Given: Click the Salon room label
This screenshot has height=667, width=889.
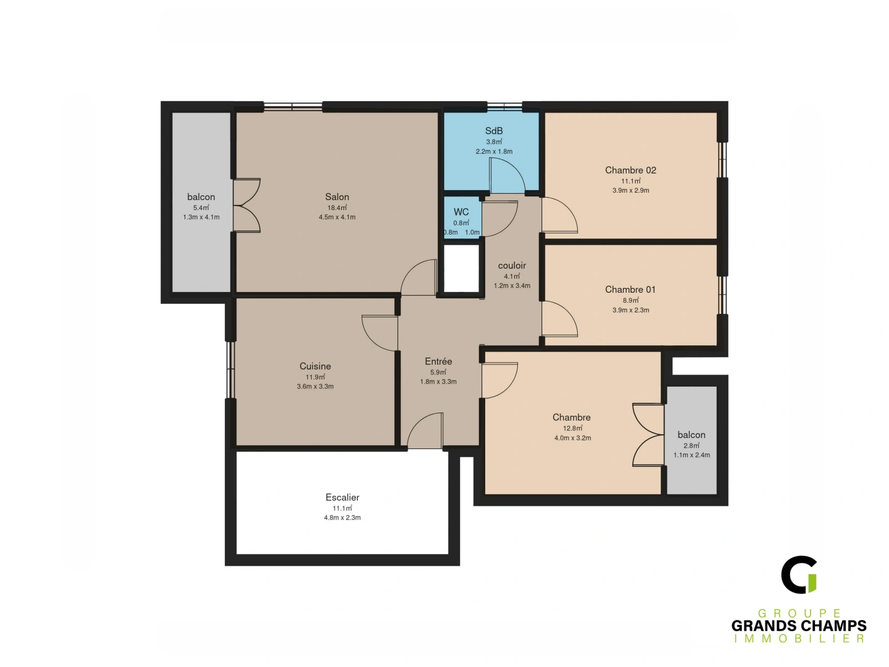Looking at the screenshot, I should [x=337, y=197].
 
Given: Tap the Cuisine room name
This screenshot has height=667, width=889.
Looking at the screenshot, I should [x=315, y=366].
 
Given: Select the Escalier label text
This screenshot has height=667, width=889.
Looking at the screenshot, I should [x=342, y=497].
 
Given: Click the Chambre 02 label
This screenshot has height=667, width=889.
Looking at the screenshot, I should [x=630, y=170].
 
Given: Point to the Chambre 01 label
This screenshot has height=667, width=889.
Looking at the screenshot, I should [x=630, y=290].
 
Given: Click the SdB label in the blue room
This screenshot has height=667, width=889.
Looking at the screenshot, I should [x=494, y=131].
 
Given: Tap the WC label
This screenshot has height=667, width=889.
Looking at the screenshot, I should [x=461, y=212].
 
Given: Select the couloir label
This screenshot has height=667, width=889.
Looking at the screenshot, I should [x=512, y=266].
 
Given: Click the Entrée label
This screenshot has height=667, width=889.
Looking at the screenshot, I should [x=438, y=361].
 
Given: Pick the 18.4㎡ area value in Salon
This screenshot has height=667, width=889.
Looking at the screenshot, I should [x=337, y=208].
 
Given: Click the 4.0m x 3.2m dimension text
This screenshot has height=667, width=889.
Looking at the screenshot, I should [x=572, y=438].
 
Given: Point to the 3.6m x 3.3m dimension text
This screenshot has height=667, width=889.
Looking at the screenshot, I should [x=315, y=387].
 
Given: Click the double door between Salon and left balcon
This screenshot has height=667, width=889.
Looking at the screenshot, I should [x=247, y=206].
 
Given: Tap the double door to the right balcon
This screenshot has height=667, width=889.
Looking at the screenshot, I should [x=648, y=435].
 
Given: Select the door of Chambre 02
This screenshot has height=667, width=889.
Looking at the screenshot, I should [x=559, y=215].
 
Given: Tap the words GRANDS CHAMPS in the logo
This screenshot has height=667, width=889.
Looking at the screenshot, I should [x=799, y=626].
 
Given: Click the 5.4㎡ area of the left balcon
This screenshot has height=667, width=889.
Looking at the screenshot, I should [x=201, y=208].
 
